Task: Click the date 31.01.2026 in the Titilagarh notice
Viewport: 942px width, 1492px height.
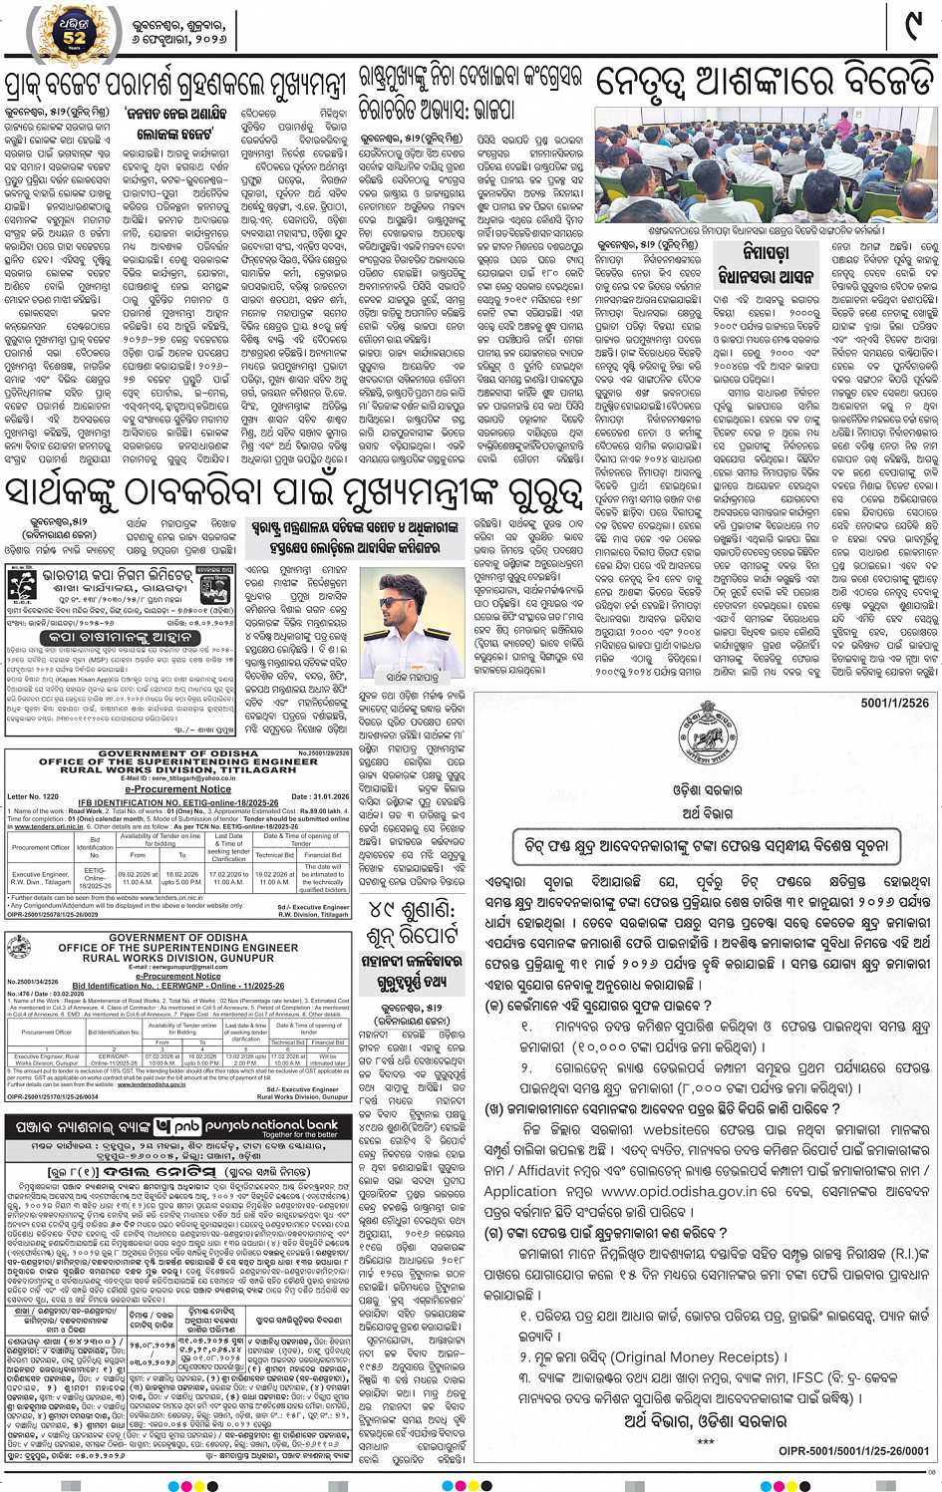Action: click(320, 796)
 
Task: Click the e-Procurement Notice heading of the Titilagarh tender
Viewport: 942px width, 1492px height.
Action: click(178, 788)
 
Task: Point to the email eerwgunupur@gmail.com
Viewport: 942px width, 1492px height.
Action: click(177, 968)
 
